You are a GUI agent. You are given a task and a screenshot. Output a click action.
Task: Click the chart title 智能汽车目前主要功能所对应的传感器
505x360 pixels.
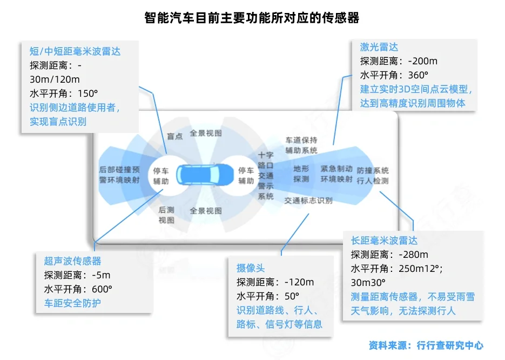(x=252, y=18)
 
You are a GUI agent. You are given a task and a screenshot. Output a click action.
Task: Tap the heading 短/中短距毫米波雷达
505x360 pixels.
(x=75, y=51)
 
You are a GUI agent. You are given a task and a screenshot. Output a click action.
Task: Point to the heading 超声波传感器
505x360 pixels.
(x=73, y=261)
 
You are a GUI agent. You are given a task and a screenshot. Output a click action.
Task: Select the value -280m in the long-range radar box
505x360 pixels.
(x=413, y=255)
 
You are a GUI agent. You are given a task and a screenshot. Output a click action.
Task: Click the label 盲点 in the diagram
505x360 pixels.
(x=174, y=136)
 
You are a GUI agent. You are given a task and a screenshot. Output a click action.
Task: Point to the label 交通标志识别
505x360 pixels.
(x=308, y=201)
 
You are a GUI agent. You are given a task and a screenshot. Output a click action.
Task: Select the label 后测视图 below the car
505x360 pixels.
(x=166, y=215)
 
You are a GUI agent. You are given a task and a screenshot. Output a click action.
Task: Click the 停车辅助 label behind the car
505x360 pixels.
(x=161, y=176)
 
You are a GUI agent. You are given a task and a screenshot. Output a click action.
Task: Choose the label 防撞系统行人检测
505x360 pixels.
(x=372, y=175)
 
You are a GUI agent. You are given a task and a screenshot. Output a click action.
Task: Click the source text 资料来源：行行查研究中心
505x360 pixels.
(x=426, y=345)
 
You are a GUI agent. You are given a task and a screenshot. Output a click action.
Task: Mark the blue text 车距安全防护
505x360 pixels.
(x=72, y=303)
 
